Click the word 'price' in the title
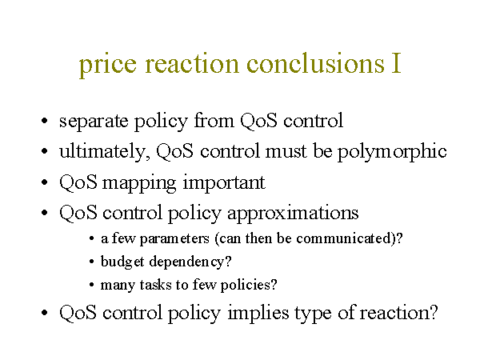(x=107, y=65)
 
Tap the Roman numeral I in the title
(x=396, y=63)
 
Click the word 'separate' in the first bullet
(x=94, y=122)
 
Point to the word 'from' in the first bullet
(x=214, y=120)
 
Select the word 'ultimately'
(x=105, y=151)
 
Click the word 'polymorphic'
(x=392, y=151)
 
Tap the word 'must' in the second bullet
(x=286, y=151)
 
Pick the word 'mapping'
(x=139, y=184)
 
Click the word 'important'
(x=224, y=183)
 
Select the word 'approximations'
(x=293, y=213)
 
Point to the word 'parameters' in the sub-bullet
(x=174, y=238)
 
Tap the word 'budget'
(x=122, y=262)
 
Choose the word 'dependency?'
(x=190, y=262)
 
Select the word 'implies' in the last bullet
(x=258, y=313)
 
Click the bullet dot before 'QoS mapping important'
(x=44, y=182)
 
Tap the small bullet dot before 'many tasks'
(x=91, y=285)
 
